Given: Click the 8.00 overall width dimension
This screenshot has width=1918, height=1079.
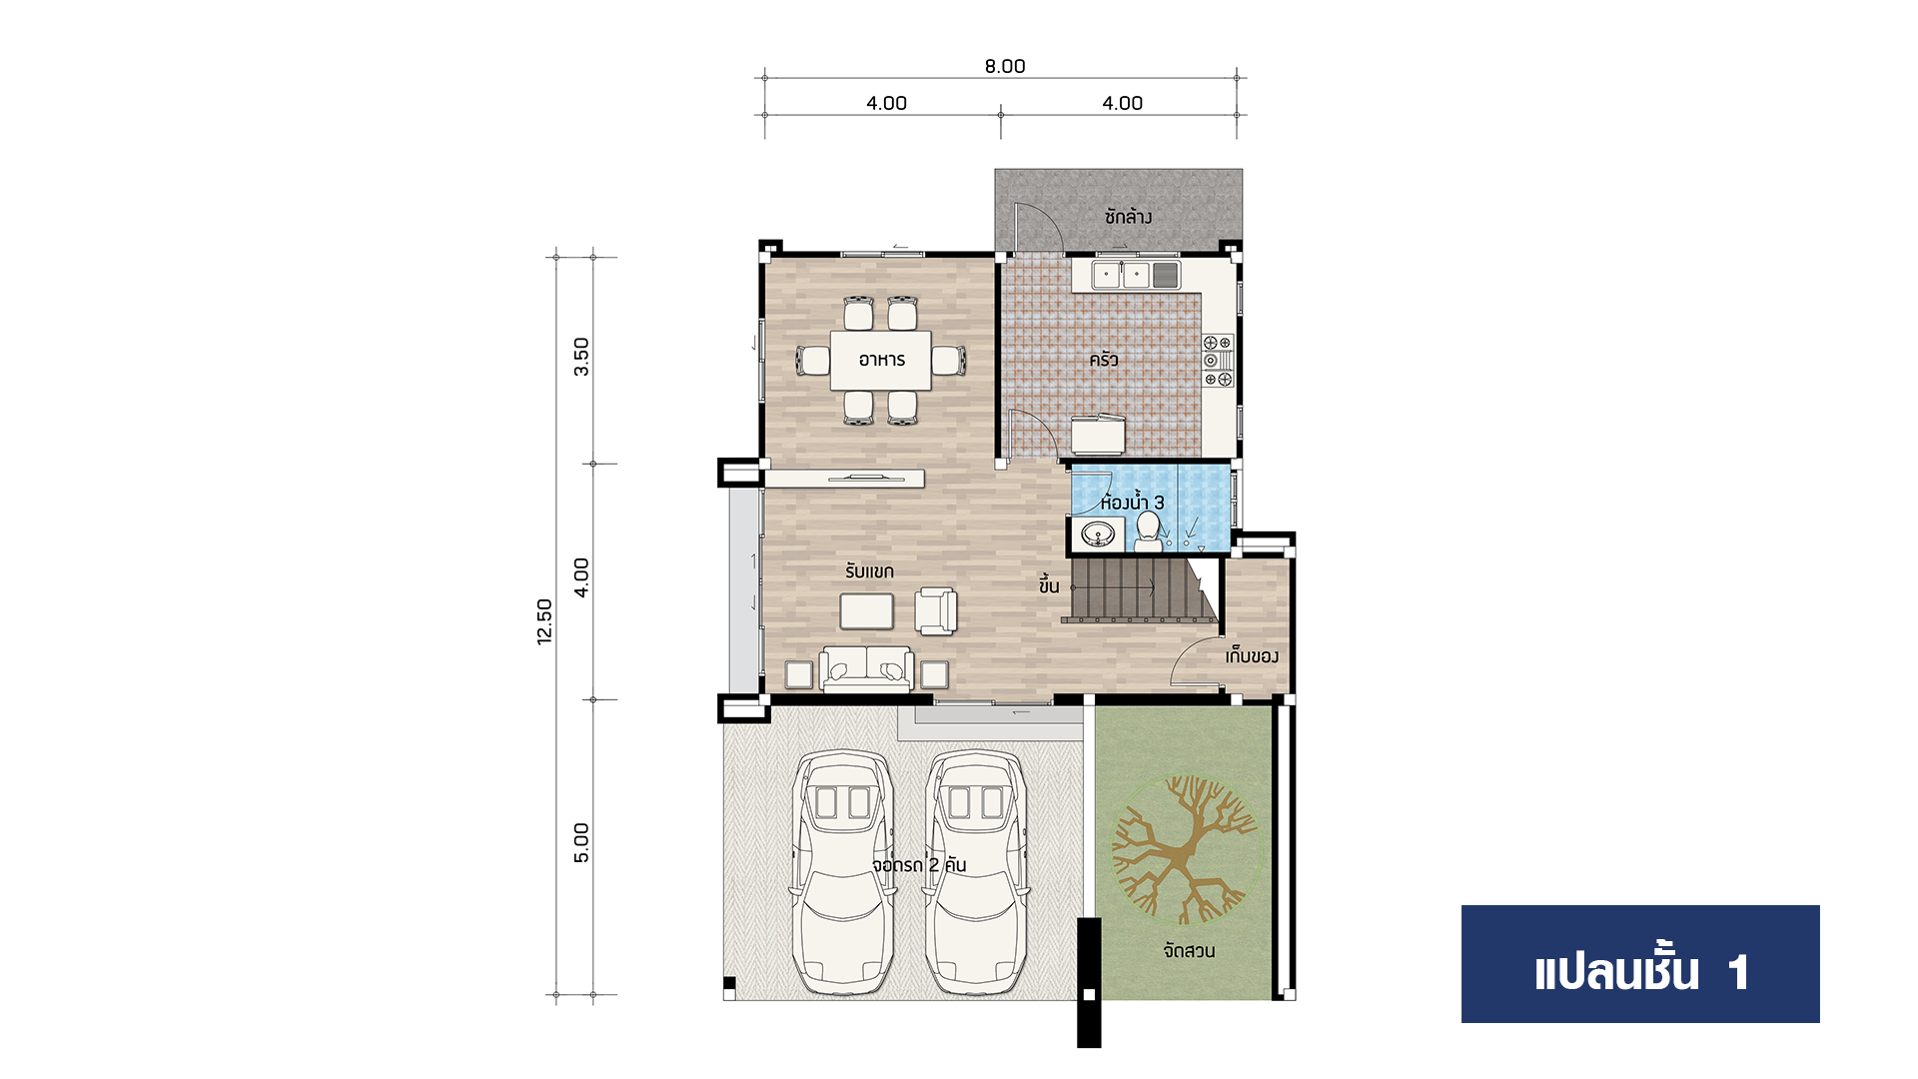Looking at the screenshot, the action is tap(1005, 66).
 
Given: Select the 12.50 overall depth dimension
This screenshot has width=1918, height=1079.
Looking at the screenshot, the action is tap(544, 621).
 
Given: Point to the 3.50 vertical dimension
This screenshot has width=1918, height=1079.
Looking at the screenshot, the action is tap(581, 357).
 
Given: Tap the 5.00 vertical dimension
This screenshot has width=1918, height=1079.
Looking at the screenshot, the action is tap(581, 842).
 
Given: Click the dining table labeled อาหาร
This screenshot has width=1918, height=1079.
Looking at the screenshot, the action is tap(881, 360).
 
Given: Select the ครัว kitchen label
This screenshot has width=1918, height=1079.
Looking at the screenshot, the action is tap(1104, 360).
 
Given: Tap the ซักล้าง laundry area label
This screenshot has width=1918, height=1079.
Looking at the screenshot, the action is tap(1128, 216).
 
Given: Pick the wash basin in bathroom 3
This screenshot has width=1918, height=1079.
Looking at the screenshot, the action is tap(1098, 535).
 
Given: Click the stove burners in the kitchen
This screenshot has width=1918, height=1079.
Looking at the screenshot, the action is tap(1218, 361).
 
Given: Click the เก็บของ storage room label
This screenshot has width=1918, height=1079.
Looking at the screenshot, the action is tap(1252, 656).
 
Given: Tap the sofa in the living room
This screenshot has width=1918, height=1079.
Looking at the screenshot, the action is tap(866, 669).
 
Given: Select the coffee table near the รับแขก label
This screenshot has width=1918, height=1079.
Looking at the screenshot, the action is tap(867, 611).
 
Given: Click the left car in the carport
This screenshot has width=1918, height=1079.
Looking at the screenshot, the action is tap(842, 872).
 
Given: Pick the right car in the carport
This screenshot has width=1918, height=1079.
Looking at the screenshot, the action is tap(975, 872).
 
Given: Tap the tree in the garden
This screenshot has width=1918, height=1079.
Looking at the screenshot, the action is tap(1186, 850).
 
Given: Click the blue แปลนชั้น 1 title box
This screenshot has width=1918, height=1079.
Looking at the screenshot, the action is tap(1640, 964).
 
